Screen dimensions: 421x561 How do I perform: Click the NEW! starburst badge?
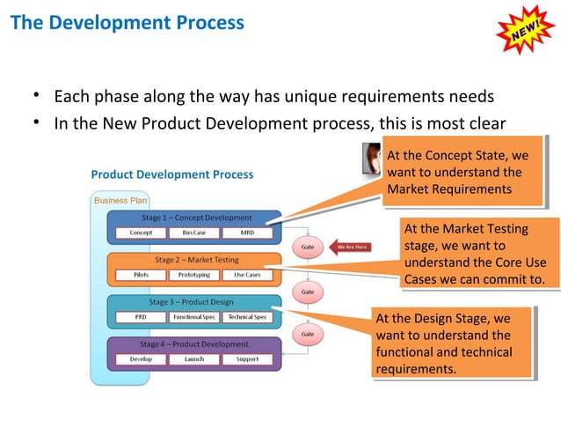coord(524,30)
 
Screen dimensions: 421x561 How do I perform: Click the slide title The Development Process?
coord(127,23)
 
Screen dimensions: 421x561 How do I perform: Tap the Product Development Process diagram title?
coord(172,174)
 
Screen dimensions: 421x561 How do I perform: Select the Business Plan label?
coord(120,201)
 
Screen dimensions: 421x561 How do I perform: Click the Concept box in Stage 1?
coord(141,233)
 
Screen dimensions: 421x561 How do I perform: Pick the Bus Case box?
coord(194,233)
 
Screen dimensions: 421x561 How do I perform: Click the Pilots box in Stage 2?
coord(141,275)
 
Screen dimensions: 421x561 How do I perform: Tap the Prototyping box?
coord(194,275)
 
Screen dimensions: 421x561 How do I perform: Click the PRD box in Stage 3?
coord(141,317)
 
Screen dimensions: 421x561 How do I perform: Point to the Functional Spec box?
coord(194,317)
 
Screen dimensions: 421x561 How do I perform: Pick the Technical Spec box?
coord(247,317)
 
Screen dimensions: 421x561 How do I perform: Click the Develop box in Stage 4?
coord(141,359)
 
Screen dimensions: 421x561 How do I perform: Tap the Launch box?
coord(194,359)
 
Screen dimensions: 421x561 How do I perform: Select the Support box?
coord(247,359)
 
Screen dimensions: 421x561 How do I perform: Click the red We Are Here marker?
coord(354,247)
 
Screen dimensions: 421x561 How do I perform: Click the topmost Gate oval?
coord(308,247)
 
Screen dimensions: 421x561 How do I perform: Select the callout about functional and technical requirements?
coord(450,343)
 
